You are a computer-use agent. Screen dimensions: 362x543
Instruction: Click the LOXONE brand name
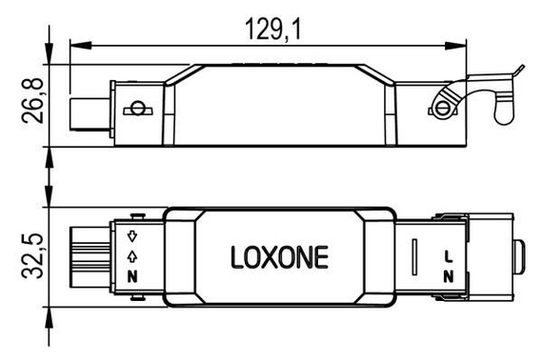[279, 257]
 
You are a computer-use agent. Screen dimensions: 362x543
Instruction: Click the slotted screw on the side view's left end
[139, 109]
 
